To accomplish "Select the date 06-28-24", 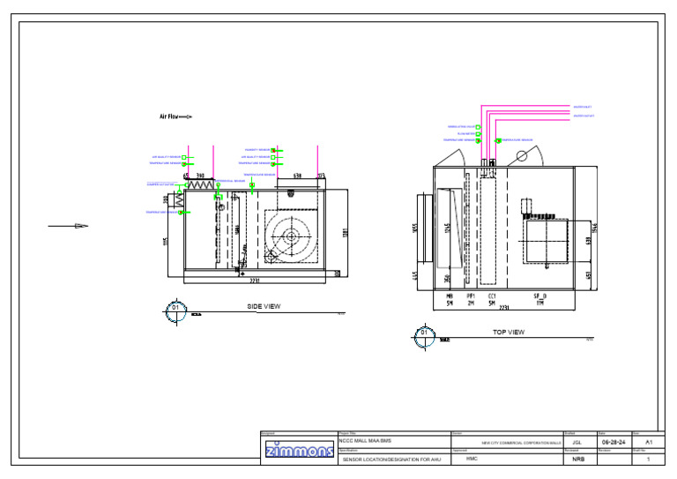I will [614, 442].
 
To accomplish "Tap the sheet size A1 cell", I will [649, 441].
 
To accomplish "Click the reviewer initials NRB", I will [578, 460].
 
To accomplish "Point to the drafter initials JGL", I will [577, 442].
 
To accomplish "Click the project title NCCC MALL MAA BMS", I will [365, 441].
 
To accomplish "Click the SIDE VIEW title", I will [264, 306].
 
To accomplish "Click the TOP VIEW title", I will [508, 333].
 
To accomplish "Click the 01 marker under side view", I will [175, 310].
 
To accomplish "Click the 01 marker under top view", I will [423, 335].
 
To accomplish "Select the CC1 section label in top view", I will [492, 296].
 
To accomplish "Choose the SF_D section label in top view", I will [539, 296].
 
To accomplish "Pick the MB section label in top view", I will [449, 296].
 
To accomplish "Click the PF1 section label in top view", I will [471, 296].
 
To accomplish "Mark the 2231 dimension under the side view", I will [254, 281].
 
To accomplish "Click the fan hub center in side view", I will [289, 236].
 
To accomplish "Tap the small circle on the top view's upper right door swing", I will [521, 156].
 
